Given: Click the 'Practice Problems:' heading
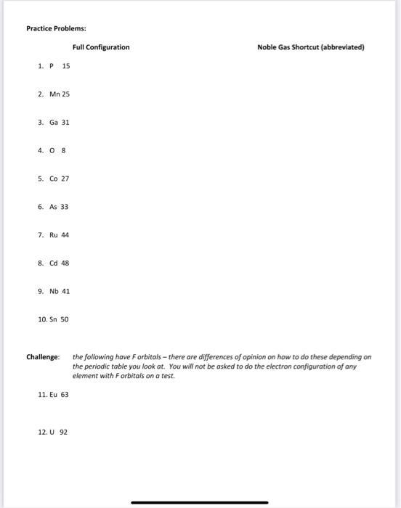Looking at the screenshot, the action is click(56, 28).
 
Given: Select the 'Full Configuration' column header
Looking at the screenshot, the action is click(101, 47).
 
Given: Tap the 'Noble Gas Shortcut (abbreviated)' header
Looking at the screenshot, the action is click(310, 47).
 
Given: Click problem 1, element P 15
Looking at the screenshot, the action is click(54, 66).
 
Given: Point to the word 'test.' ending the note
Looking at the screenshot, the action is click(169, 376).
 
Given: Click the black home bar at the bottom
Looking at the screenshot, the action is click(200, 502).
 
